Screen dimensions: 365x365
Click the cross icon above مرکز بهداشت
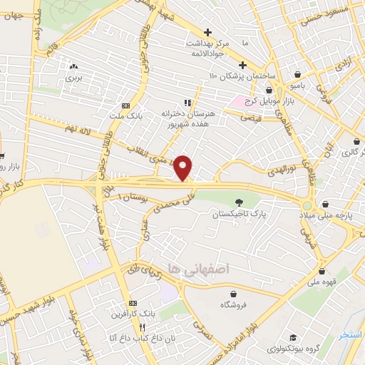pos(207,32)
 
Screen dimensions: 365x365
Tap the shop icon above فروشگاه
pos(233,293)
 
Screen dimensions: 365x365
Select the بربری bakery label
pos(75,79)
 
